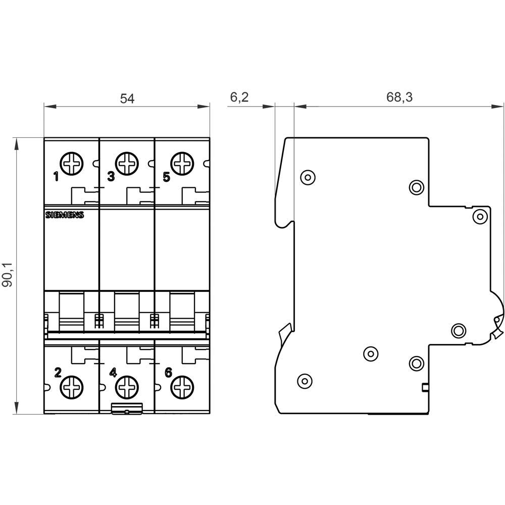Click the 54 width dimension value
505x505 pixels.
tap(127, 98)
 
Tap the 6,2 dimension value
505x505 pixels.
tap(239, 97)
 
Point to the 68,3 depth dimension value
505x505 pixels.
tap(399, 97)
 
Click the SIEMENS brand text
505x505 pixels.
tap(65, 215)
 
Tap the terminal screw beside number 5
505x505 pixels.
tap(183, 164)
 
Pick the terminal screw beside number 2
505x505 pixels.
tap(72, 388)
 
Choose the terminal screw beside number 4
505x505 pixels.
tap(127, 388)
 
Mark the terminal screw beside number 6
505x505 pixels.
tap(183, 388)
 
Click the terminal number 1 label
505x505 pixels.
tap(56, 177)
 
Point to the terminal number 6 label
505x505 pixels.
tap(168, 373)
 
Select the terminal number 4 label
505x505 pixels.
tap(113, 373)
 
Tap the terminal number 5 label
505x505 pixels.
tap(167, 177)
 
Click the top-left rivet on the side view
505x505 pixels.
tap(307, 177)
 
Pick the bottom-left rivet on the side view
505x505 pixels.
tap(304, 380)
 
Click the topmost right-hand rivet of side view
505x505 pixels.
tap(480, 216)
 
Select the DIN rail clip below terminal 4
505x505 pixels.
tap(126, 409)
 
